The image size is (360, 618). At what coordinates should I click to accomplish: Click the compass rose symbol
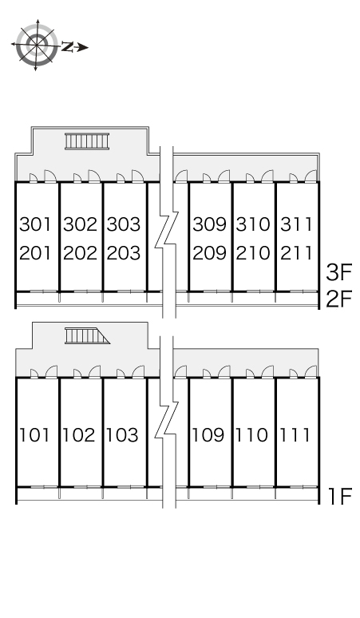[x=36, y=45]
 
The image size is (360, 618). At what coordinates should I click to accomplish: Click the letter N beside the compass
[x=67, y=47]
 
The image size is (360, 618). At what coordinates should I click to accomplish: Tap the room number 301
[x=35, y=224]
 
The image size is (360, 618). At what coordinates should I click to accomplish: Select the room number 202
[x=80, y=253]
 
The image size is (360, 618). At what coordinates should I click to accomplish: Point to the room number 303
[x=123, y=224]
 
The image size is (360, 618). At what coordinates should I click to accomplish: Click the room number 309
[x=209, y=224]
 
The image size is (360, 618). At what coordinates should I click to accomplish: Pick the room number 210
[x=253, y=253]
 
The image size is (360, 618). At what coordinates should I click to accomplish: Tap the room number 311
[x=297, y=224]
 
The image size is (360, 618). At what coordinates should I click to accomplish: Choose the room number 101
[x=34, y=435]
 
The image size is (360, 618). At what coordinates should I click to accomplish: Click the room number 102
[x=79, y=435]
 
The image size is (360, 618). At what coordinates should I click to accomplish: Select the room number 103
[x=122, y=435]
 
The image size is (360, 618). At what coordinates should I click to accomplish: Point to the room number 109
[x=208, y=435]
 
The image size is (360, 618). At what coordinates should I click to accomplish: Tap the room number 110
[x=251, y=435]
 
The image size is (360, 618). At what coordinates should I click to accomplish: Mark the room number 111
[x=295, y=435]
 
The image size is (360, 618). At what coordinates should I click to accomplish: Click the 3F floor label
[x=338, y=272]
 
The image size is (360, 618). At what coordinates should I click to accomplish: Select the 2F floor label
[x=338, y=299]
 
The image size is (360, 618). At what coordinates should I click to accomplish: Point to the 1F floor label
[x=340, y=496]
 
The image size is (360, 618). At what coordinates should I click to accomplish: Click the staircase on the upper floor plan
[x=87, y=141]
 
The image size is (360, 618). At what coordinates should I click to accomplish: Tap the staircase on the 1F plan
[x=87, y=336]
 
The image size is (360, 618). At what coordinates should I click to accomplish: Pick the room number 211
[x=297, y=253]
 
